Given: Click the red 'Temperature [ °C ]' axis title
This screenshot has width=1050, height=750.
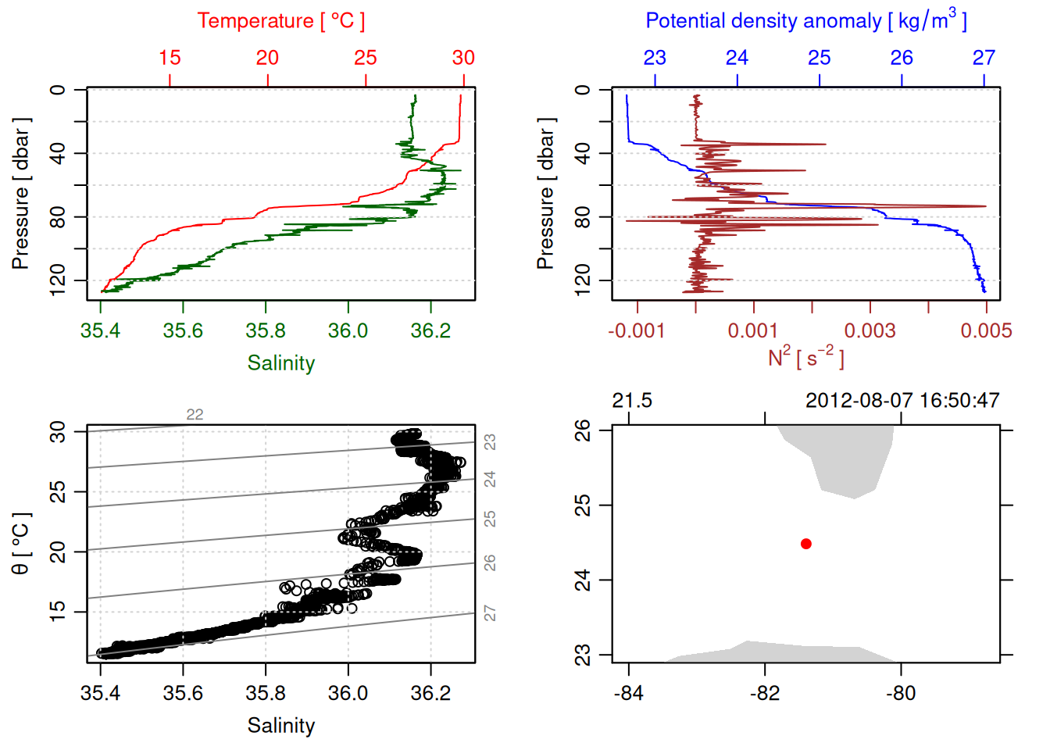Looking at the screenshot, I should (x=280, y=21).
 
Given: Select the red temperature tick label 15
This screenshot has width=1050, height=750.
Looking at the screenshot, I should (x=170, y=58).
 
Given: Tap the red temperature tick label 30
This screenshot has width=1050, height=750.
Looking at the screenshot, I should (x=463, y=58).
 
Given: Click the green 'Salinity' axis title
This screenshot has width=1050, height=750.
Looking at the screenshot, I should (x=280, y=363).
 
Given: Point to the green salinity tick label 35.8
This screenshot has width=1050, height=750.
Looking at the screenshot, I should (x=266, y=331).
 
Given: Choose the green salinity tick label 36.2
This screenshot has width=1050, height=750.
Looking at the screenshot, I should (x=430, y=331).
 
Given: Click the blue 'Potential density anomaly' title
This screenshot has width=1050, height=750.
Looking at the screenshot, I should (x=805, y=21).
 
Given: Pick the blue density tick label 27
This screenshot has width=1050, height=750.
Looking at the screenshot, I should (x=984, y=58).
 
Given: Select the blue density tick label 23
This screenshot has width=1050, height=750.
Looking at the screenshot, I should (x=655, y=58).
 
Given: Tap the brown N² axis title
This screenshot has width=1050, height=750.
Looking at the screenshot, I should (x=805, y=358).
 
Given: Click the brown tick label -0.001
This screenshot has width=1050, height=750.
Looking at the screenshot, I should (x=637, y=331).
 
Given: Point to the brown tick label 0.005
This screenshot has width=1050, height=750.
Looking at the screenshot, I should (x=986, y=331).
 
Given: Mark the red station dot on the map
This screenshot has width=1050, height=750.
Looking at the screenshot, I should (x=806, y=544).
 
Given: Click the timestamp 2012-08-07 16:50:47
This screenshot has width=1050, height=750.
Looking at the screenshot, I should (x=902, y=401).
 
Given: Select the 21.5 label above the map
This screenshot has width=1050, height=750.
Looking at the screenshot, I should (x=632, y=401).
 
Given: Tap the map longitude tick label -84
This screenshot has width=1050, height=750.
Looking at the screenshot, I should (x=629, y=694).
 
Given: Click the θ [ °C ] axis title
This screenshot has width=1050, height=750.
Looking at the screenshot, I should (x=21, y=544).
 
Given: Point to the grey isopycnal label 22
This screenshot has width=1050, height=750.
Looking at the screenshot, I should (x=195, y=415).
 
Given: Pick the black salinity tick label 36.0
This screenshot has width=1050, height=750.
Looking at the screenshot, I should (x=348, y=694).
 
